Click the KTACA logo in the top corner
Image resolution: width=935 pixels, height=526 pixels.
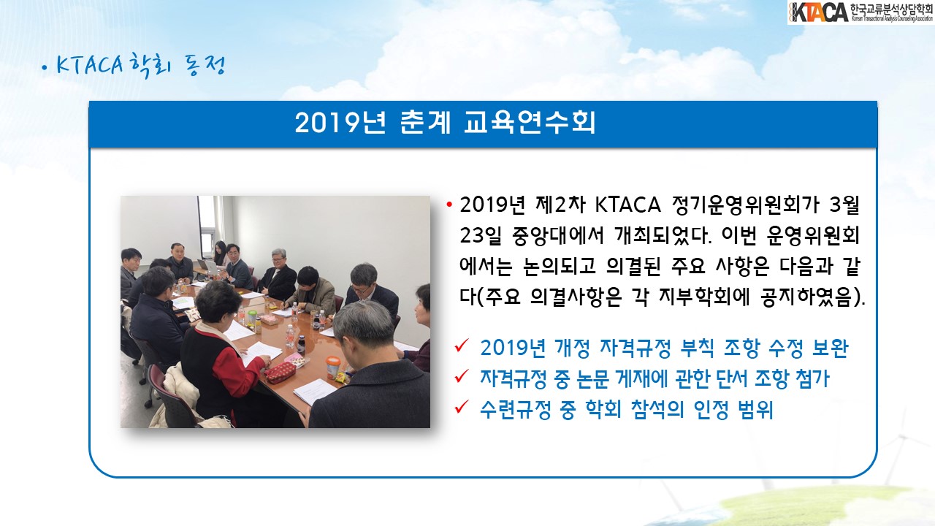tap(860, 12)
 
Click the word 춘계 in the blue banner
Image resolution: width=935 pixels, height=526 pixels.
tap(425, 123)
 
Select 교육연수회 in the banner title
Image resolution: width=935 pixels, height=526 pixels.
tap(530, 123)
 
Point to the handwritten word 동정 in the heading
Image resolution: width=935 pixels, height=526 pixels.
tap(205, 66)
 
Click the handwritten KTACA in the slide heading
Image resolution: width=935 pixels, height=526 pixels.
tap(90, 65)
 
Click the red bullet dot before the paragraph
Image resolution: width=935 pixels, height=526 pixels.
tap(449, 205)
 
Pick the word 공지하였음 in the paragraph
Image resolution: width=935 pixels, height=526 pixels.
tap(806, 297)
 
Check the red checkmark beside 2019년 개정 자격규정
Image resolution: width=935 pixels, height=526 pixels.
tap(462, 346)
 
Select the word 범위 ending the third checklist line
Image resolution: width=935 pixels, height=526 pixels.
tap(755, 410)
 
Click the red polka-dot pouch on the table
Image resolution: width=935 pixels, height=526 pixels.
tap(280, 373)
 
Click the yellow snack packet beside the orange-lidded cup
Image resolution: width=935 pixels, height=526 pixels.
tap(343, 377)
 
